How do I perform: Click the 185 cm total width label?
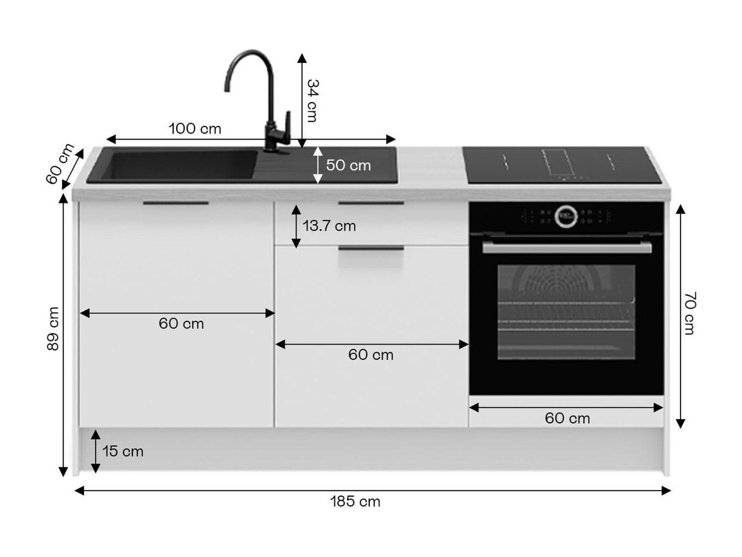tap(355, 502)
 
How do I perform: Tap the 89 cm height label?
tap(53, 329)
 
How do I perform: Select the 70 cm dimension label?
tap(689, 313)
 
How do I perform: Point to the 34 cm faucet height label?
tap(312, 100)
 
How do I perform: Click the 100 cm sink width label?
tap(195, 129)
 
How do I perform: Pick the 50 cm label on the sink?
tap(349, 165)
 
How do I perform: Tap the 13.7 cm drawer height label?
tap(329, 226)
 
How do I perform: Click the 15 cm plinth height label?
tap(123, 451)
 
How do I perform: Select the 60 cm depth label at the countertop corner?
tap(60, 164)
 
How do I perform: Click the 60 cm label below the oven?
tap(567, 419)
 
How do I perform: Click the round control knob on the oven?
tap(566, 216)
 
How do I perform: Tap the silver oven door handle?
tap(567, 247)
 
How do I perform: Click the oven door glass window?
tap(566, 312)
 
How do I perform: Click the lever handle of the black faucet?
tap(287, 127)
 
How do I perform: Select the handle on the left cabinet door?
tap(176, 203)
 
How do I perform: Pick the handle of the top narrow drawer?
tap(371, 203)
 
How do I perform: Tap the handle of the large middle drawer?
tap(371, 248)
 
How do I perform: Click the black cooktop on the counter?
tap(562, 165)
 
